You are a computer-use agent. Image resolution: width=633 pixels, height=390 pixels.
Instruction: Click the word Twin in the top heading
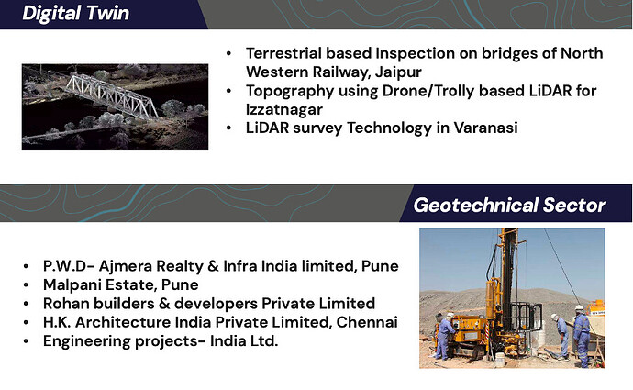click(x=107, y=13)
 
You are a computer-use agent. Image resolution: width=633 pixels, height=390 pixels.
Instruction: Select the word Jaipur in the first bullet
click(x=398, y=72)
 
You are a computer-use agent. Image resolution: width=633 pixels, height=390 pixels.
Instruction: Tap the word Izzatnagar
click(x=284, y=109)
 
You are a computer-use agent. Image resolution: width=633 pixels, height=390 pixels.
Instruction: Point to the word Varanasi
click(x=485, y=128)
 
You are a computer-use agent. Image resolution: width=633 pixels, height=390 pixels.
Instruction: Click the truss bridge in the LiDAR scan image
click(x=111, y=96)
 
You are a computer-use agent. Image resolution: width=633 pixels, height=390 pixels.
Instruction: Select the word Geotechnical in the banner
click(x=475, y=206)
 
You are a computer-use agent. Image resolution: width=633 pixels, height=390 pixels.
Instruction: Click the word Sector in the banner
click(x=574, y=206)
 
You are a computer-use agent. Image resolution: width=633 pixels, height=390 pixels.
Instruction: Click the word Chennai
click(x=367, y=322)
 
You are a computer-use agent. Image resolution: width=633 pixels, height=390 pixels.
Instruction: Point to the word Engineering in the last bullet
click(x=86, y=341)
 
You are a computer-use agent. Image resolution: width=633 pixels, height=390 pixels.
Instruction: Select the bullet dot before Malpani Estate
click(x=27, y=285)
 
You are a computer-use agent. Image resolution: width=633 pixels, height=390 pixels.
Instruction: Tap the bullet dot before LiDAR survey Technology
click(x=229, y=128)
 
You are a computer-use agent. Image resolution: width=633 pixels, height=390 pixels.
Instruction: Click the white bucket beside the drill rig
click(x=500, y=360)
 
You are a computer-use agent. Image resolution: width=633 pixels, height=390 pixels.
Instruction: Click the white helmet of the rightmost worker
click(x=580, y=307)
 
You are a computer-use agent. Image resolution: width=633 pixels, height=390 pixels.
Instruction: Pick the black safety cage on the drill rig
click(x=526, y=318)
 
